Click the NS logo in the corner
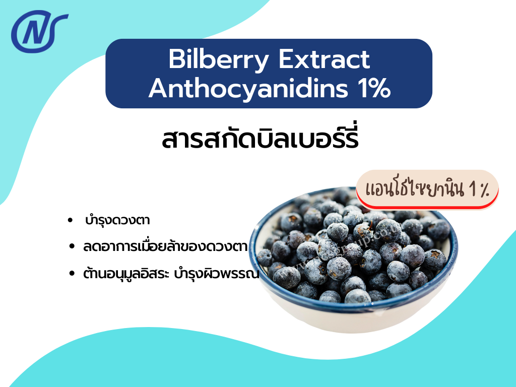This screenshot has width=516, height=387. click(39, 32)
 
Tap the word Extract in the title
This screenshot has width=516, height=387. click(325, 60)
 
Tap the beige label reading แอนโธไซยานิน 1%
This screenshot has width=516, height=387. click(427, 189)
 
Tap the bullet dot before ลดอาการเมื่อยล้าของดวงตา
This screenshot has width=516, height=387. click(72, 247)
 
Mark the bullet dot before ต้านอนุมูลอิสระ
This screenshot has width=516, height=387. click(72, 275)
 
